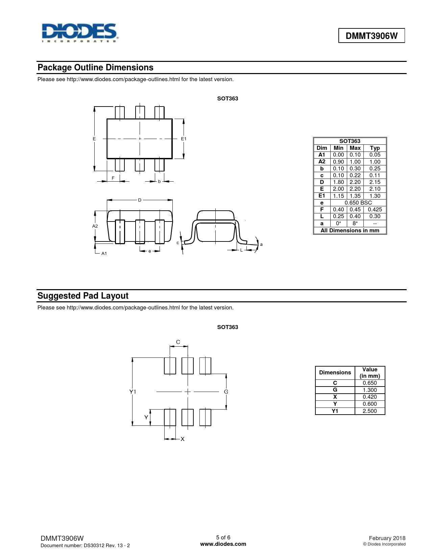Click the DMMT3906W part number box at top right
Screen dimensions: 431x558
[x=372, y=36]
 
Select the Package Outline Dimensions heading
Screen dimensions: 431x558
[x=95, y=68]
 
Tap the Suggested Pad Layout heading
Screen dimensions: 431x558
[x=83, y=296]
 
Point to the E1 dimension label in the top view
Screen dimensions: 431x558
[x=184, y=139]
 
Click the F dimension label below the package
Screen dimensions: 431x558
[x=113, y=178]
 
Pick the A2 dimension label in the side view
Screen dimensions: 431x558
[x=95, y=226]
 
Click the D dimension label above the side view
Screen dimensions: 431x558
[x=140, y=200]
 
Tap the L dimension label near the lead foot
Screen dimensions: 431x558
[x=241, y=250]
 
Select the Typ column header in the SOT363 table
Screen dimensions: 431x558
[x=375, y=148]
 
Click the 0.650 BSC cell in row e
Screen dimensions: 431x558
[x=358, y=203]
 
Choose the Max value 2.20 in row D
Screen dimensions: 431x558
[x=355, y=182]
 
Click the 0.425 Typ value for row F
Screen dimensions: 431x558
[x=375, y=210]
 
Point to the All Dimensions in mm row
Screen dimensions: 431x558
[x=350, y=230]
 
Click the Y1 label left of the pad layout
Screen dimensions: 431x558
[x=133, y=392]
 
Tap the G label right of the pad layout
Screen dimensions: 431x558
[x=226, y=392]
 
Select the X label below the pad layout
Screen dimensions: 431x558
[x=183, y=439]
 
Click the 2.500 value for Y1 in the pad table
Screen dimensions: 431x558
[x=370, y=411]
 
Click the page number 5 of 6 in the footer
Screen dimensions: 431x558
[x=223, y=537]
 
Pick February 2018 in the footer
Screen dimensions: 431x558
[x=387, y=538]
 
